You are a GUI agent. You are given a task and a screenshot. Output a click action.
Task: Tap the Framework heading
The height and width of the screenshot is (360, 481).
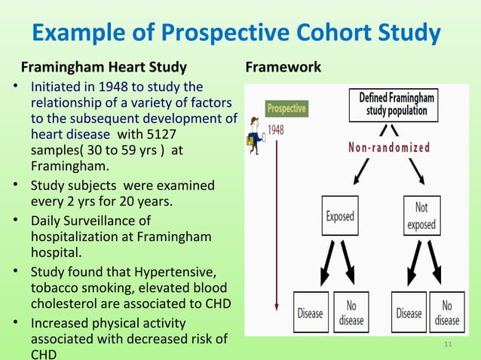coord(283,68)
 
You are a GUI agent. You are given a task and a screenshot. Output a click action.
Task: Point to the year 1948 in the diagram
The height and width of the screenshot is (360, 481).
coord(276,129)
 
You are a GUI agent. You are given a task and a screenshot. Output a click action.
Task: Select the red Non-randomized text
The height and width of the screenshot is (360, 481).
coord(389,148)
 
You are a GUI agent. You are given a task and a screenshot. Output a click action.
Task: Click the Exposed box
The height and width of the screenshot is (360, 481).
coord(339,216)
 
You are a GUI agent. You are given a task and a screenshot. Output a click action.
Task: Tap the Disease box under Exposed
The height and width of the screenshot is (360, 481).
coord(311,312)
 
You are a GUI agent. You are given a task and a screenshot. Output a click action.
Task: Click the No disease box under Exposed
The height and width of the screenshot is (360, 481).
coord(351,312)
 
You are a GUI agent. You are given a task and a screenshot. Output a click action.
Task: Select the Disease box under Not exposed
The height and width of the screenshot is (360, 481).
coord(409,312)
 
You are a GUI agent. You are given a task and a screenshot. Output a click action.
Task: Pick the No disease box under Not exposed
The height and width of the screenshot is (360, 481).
coord(447,312)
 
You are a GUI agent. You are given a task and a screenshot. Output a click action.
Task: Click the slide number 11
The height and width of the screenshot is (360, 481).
coord(449,346)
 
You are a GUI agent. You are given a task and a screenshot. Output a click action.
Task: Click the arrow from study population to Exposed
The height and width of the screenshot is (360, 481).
coord(357,171)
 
